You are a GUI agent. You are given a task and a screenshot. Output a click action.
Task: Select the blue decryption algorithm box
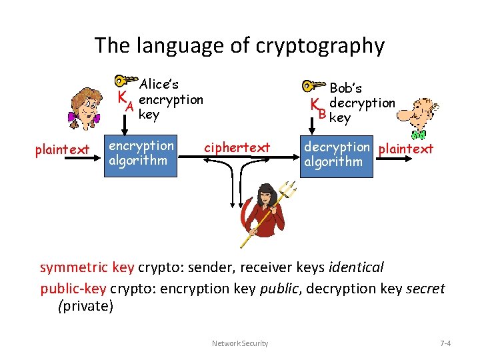coord(336,155)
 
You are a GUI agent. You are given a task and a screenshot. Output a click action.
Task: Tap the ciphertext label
coord(237,147)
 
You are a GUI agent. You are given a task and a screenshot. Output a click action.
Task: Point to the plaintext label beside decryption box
coord(406,148)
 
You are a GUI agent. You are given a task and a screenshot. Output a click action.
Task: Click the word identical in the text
coord(357,268)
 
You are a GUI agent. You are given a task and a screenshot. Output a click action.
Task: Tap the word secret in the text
coord(425,288)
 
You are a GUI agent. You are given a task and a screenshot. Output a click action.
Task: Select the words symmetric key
coord(87,268)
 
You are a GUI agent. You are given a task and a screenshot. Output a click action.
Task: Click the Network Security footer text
coord(240,343)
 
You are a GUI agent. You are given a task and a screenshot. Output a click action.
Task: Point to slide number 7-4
coord(446,343)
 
